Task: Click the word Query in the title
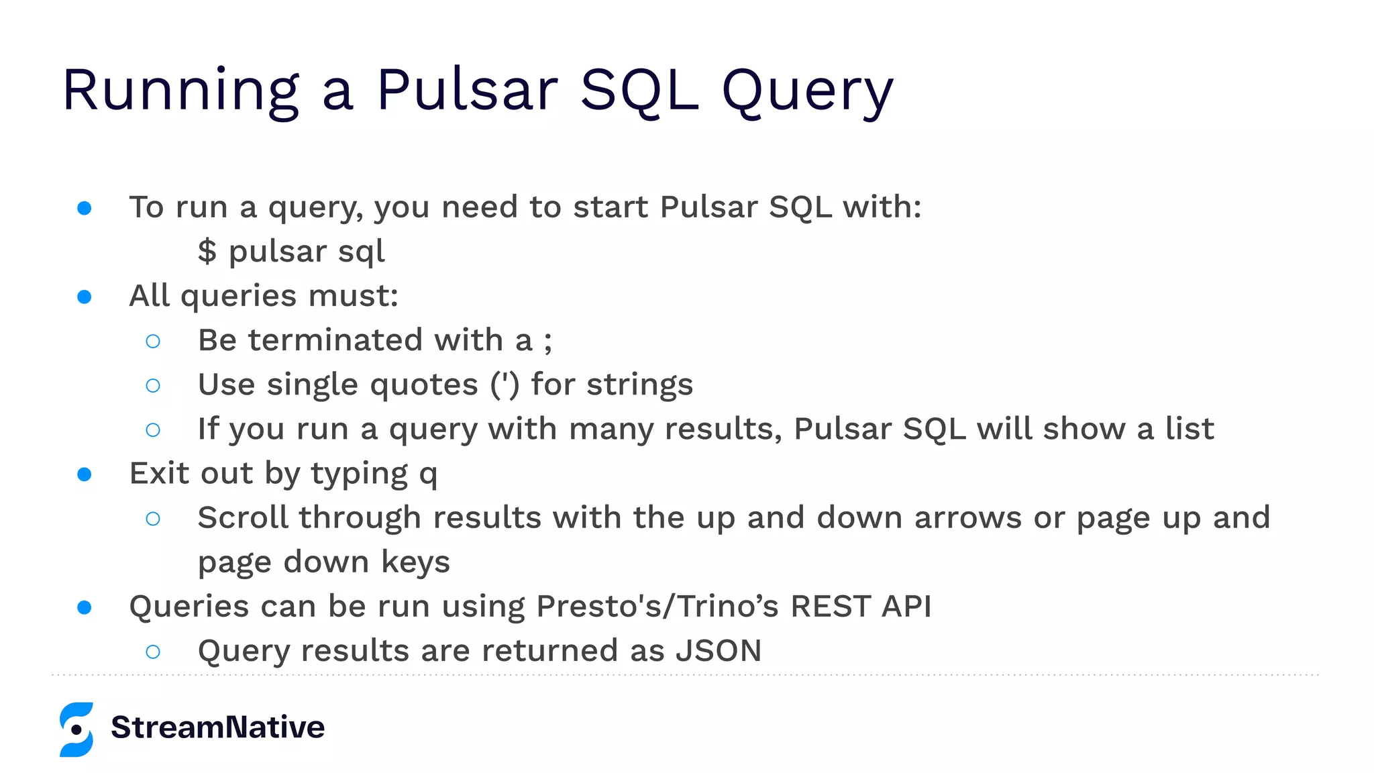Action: (x=807, y=92)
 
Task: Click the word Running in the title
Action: (x=180, y=92)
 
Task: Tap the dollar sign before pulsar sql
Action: (x=207, y=252)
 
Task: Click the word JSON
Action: (x=719, y=651)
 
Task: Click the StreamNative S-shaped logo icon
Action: (x=76, y=729)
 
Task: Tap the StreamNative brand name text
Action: (x=217, y=727)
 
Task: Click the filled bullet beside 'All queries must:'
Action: (x=85, y=297)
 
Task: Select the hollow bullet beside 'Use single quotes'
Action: (x=153, y=386)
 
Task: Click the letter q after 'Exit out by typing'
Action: (x=428, y=475)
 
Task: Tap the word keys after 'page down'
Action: (x=415, y=562)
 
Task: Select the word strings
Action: (x=639, y=386)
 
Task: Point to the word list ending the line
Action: (x=1190, y=429)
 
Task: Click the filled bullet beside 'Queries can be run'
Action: (x=85, y=607)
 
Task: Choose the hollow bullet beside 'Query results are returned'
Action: (x=153, y=652)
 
